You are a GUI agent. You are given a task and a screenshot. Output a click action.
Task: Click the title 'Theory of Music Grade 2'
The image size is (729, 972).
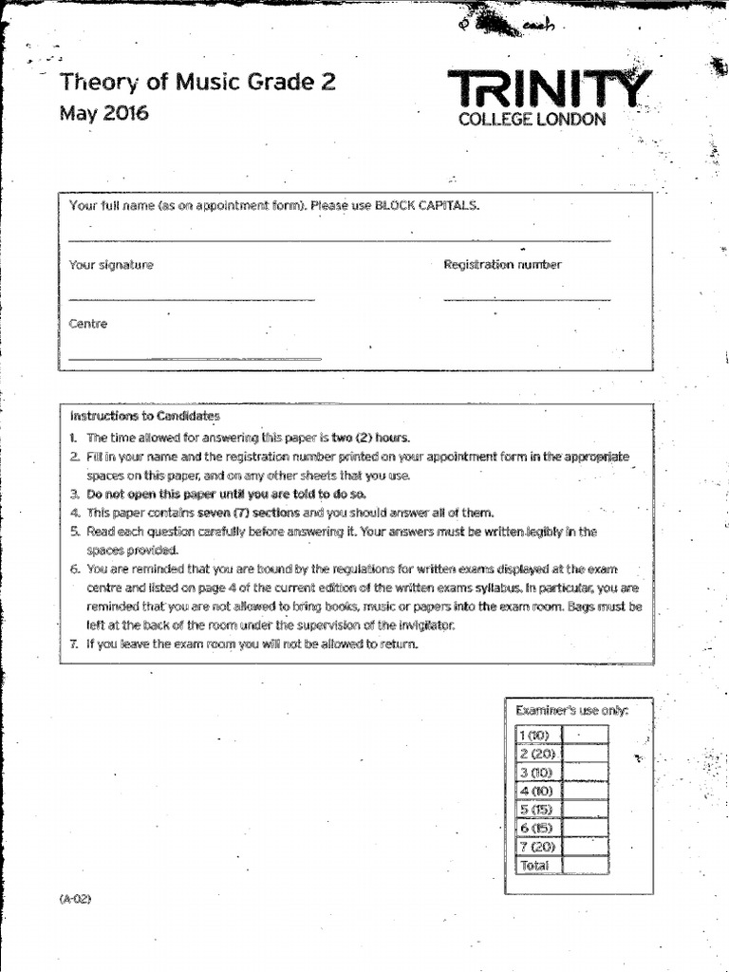click(x=197, y=83)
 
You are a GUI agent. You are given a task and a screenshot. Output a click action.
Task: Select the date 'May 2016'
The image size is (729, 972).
click(x=104, y=114)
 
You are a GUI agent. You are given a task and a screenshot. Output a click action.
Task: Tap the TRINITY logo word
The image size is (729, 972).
click(x=551, y=91)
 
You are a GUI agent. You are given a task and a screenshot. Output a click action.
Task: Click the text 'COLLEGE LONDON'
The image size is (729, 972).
click(x=532, y=121)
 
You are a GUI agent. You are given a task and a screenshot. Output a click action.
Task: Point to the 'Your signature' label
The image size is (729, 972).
click(x=111, y=266)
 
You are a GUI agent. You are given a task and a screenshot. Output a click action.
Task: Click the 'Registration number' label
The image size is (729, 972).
click(x=502, y=265)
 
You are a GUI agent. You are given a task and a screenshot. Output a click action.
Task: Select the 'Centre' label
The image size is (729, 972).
click(x=88, y=324)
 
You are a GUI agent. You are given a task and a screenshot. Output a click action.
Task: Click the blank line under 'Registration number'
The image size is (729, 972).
click(x=527, y=300)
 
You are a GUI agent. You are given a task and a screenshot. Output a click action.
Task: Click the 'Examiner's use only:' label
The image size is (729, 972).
click(x=571, y=710)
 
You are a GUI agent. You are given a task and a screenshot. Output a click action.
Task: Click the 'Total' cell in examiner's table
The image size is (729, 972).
click(x=535, y=866)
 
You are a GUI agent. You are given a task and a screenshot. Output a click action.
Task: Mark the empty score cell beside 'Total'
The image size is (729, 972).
click(x=586, y=866)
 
